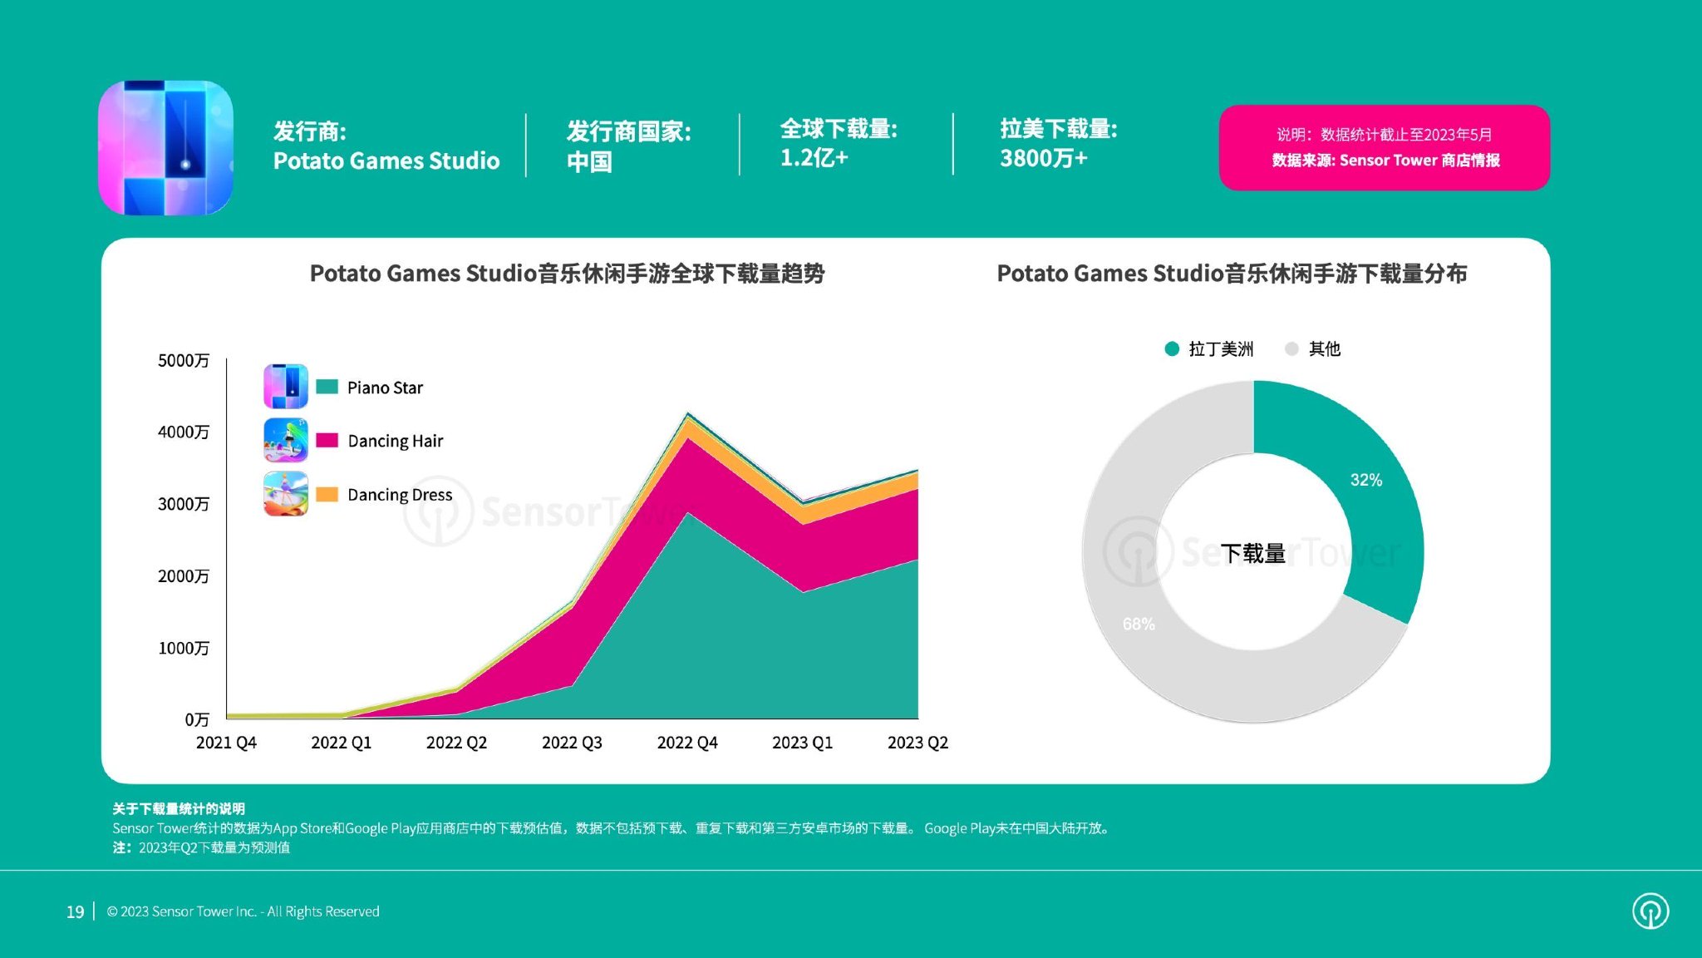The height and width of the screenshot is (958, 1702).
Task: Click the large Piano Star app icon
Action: click(x=165, y=148)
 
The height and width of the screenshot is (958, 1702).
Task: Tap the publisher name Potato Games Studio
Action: click(x=386, y=160)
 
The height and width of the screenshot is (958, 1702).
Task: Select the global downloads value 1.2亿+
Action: click(x=814, y=158)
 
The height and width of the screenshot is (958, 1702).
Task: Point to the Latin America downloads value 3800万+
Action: click(x=1043, y=158)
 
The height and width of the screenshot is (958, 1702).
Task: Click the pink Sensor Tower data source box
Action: click(x=1384, y=147)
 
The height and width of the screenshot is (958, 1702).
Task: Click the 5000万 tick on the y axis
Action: click(x=184, y=360)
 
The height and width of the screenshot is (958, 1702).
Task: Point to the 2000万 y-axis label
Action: click(x=184, y=576)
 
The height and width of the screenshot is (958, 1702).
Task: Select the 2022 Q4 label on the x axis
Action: click(x=687, y=743)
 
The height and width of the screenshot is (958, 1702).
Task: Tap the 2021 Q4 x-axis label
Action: click(x=226, y=743)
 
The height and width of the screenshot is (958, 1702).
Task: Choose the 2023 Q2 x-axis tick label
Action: click(x=917, y=743)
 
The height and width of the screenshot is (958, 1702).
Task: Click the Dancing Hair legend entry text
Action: click(x=396, y=441)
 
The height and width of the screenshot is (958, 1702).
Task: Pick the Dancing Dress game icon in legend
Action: click(x=286, y=494)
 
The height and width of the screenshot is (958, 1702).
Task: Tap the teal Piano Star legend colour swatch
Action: click(x=327, y=387)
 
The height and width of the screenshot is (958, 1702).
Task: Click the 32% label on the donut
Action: click(x=1365, y=480)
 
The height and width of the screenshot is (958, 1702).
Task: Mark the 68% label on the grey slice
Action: click(x=1139, y=624)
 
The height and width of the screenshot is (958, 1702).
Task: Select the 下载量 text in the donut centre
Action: click(x=1252, y=553)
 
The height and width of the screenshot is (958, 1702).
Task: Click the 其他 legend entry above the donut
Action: click(x=1324, y=349)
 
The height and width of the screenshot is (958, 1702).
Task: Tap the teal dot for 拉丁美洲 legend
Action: click(x=1172, y=349)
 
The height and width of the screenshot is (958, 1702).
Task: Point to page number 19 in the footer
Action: click(x=75, y=912)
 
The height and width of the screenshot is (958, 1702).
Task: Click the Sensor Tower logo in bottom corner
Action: click(x=1650, y=911)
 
